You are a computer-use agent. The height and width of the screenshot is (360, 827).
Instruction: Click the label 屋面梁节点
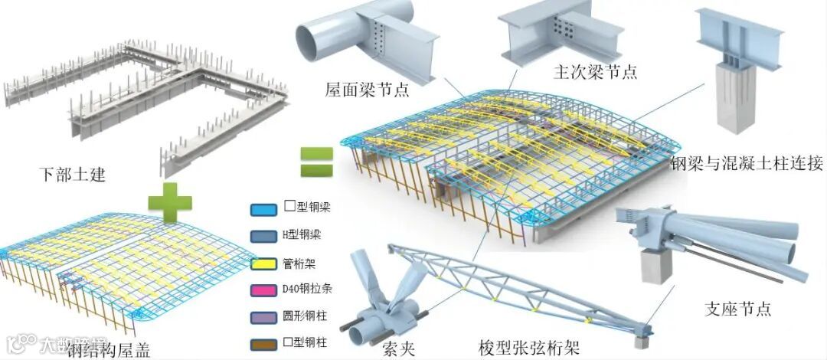(367, 90)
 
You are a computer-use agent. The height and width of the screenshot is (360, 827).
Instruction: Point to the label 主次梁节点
(595, 72)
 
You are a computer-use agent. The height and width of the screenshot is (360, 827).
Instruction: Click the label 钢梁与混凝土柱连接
(747, 163)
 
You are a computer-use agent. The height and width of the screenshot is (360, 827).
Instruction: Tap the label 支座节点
(737, 309)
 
